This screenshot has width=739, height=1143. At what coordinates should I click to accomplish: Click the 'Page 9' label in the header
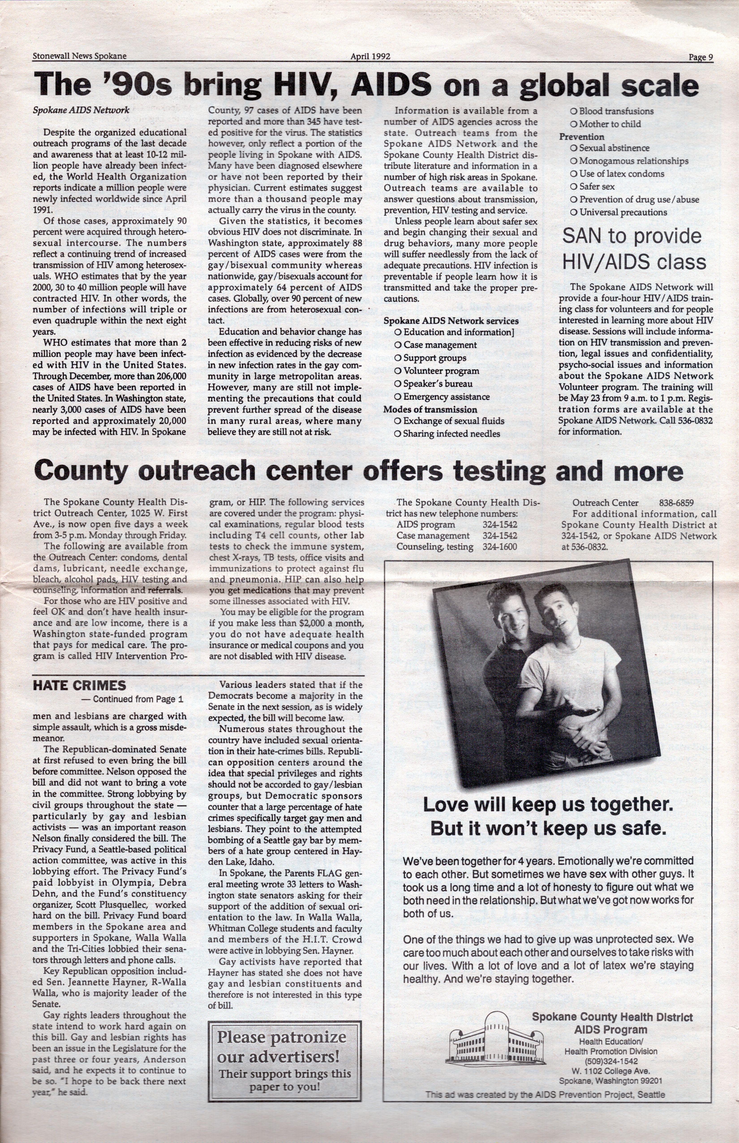[701, 57]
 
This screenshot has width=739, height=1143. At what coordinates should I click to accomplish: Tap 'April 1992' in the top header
[370, 56]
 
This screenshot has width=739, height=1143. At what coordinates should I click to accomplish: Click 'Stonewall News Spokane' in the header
[80, 56]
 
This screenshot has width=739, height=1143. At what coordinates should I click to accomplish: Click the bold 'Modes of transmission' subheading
[430, 410]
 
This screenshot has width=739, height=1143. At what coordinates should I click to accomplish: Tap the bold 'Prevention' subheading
[581, 137]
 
